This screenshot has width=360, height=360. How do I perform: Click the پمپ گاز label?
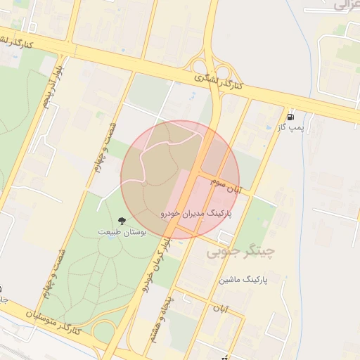290,127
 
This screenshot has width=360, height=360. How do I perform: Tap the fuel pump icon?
290,116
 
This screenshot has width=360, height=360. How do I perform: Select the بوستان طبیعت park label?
122,233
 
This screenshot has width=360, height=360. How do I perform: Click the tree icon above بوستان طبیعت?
122,221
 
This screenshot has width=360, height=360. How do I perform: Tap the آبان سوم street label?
225,186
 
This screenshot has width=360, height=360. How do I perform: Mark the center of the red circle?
181,179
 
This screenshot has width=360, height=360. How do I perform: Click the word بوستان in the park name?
134,233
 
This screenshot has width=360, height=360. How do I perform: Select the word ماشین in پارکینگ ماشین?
233,280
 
